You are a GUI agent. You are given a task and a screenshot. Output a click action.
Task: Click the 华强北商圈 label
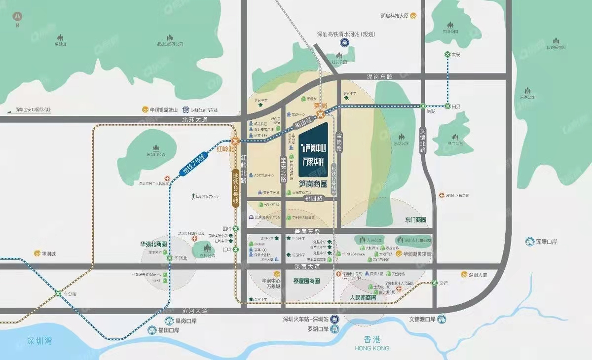(x=153, y=244)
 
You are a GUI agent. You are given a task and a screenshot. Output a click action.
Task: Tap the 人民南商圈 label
(x=363, y=298)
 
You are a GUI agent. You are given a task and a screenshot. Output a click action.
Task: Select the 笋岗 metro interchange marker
(x=321, y=115)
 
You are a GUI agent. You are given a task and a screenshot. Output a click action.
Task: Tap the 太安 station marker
(x=448, y=54)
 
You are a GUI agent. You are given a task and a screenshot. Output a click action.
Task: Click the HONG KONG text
(x=371, y=348)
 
